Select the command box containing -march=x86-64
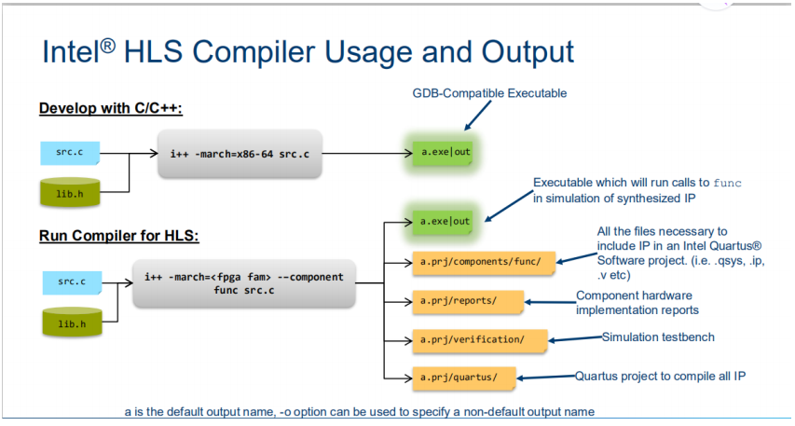click(240, 153)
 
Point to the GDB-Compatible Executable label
click(489, 93)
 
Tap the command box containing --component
click(244, 283)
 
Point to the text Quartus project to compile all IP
click(660, 376)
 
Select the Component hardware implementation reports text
click(637, 303)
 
